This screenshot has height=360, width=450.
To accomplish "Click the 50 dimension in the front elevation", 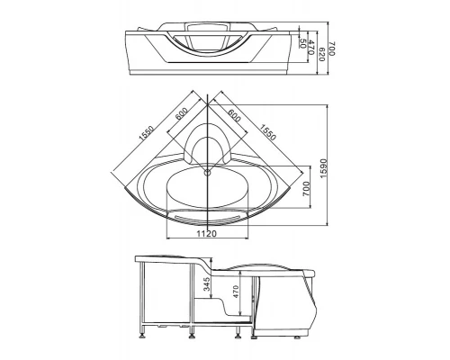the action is (302, 44).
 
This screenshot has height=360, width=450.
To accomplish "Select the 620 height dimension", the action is (321, 54).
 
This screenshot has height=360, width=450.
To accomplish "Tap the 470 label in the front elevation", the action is (310, 47).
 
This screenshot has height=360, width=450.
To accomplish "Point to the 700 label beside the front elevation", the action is (332, 49).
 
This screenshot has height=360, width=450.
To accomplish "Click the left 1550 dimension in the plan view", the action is (147, 133).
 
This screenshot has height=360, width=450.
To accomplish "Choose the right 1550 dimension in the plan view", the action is (267, 132).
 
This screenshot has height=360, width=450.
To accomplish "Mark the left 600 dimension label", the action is (182, 113).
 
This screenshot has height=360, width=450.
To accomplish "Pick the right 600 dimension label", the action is (234, 115).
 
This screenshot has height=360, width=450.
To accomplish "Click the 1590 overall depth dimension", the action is (323, 168).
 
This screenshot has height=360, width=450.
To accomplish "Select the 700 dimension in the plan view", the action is (306, 189).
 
